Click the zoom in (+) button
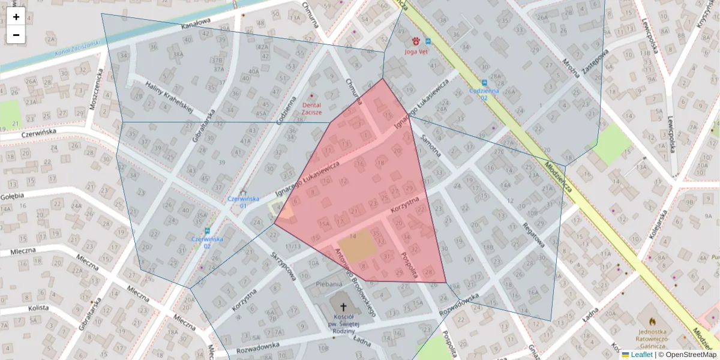point(16,17)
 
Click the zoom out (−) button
point(16,35)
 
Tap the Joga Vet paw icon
point(416,41)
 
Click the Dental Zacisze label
point(311,109)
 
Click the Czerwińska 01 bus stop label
point(243,202)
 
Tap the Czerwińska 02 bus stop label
point(207,242)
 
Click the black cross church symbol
point(343,306)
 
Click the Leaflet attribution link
point(641,355)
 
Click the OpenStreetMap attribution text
point(691,355)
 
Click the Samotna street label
point(431,146)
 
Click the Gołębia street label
point(11,196)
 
